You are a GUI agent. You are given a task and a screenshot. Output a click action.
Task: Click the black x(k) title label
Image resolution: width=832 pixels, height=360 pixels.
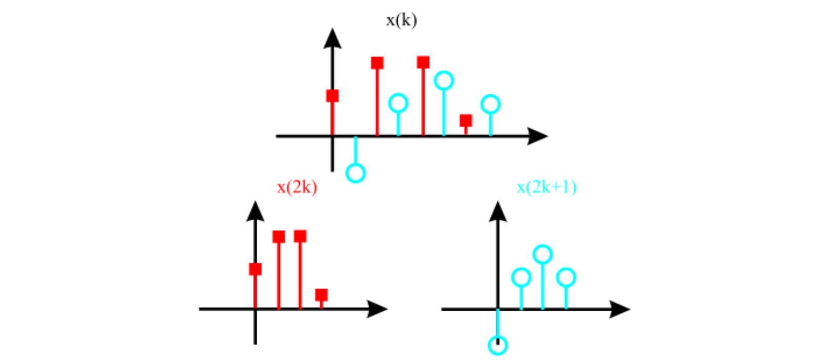[x=401, y=21]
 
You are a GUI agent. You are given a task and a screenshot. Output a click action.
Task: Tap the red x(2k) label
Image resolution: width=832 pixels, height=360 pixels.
[x=297, y=187]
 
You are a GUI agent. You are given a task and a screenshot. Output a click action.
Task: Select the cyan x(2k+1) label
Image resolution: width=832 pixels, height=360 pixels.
[x=546, y=187]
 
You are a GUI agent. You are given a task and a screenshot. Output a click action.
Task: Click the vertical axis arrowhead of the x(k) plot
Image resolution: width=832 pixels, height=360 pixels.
[x=333, y=39]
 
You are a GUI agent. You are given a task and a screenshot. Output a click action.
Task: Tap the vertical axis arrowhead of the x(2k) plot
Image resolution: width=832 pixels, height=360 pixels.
[x=255, y=212]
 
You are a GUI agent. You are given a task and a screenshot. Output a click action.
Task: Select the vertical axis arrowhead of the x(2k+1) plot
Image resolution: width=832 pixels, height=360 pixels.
[x=497, y=212]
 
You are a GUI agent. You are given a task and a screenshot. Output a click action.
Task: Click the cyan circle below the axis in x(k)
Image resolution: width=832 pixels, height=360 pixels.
[x=355, y=173]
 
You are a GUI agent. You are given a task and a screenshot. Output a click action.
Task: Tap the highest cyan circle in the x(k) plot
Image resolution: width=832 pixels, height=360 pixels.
[x=443, y=81]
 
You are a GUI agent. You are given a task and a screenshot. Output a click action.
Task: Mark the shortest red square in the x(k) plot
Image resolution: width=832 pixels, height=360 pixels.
[x=466, y=120]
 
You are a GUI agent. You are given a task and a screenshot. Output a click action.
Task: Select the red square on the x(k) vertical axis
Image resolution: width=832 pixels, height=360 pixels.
[x=332, y=96]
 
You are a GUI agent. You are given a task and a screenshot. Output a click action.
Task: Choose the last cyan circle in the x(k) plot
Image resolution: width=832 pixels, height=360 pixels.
[x=490, y=104]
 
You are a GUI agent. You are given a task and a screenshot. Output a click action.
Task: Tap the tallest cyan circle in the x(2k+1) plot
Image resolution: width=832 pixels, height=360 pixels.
[x=543, y=254]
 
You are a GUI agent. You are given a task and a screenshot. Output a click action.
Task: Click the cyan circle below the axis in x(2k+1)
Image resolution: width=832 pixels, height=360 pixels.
[x=497, y=345]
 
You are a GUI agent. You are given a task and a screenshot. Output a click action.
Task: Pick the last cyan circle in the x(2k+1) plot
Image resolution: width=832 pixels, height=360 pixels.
[x=566, y=277]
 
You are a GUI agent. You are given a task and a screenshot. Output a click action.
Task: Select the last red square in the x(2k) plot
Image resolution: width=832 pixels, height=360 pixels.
[x=321, y=295]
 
